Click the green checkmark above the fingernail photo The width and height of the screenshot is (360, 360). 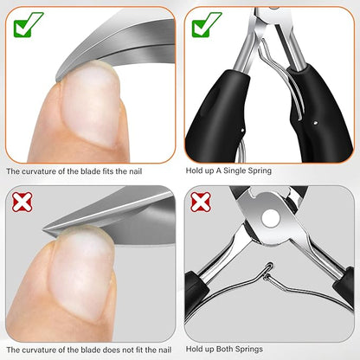(28, 24)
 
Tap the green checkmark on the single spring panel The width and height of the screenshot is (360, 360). (207, 24)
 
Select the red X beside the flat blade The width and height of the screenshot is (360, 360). (22, 202)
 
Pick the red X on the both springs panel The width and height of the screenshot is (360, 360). (201, 202)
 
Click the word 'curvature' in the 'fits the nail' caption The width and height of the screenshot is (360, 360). (38, 171)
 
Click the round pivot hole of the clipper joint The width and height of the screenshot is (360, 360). (270, 217)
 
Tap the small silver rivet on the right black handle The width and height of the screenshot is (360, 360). (315, 123)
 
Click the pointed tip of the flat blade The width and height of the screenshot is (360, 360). (44, 229)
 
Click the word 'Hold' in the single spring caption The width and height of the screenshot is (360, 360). (193, 170)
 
